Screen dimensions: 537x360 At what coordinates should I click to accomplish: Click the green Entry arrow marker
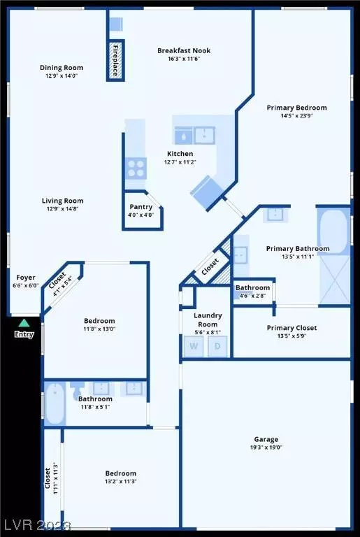pyautogui.click(x=24, y=322)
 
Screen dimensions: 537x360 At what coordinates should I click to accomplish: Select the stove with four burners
pyautogui.click(x=135, y=168)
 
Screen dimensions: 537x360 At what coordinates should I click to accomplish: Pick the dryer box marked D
pyautogui.click(x=217, y=346)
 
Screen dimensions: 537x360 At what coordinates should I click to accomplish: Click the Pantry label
pyautogui.click(x=142, y=207)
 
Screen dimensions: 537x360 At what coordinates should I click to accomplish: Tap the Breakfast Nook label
pyautogui.click(x=184, y=50)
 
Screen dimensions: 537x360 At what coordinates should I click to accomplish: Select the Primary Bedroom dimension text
pyautogui.click(x=296, y=117)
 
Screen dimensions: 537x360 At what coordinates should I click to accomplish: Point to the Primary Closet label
pyautogui.click(x=291, y=327)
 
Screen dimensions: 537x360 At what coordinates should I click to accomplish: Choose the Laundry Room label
pyautogui.click(x=206, y=320)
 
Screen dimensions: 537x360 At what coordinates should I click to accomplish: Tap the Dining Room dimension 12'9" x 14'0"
pyautogui.click(x=61, y=76)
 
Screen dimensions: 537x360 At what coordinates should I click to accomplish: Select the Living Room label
pyautogui.click(x=61, y=200)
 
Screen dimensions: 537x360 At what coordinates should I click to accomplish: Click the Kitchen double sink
pyautogui.click(x=194, y=134)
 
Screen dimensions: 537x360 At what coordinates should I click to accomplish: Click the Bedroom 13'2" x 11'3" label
pyautogui.click(x=120, y=473)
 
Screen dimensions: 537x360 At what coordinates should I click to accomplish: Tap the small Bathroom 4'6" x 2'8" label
pyautogui.click(x=252, y=287)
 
